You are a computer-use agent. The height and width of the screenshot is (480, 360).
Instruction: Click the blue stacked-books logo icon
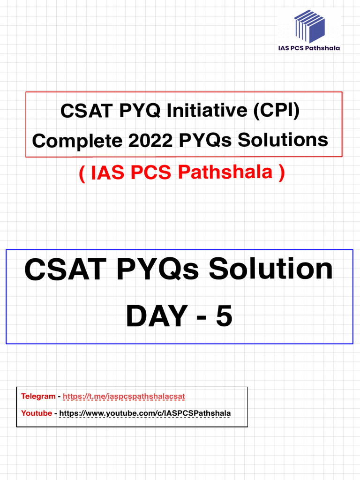click(309, 26)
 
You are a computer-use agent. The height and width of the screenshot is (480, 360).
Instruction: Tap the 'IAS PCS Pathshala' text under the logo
click(309, 48)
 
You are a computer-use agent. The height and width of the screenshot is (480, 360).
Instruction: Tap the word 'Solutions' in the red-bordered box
click(283, 140)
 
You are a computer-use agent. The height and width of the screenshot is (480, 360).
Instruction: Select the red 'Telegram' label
click(38, 397)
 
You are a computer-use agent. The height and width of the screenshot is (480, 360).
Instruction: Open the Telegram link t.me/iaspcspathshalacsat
click(124, 397)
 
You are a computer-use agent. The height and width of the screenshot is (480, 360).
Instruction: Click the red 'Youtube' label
click(37, 413)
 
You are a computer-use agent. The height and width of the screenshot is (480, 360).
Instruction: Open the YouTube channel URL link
click(145, 413)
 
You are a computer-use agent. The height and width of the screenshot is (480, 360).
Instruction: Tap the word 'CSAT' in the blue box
click(65, 271)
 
